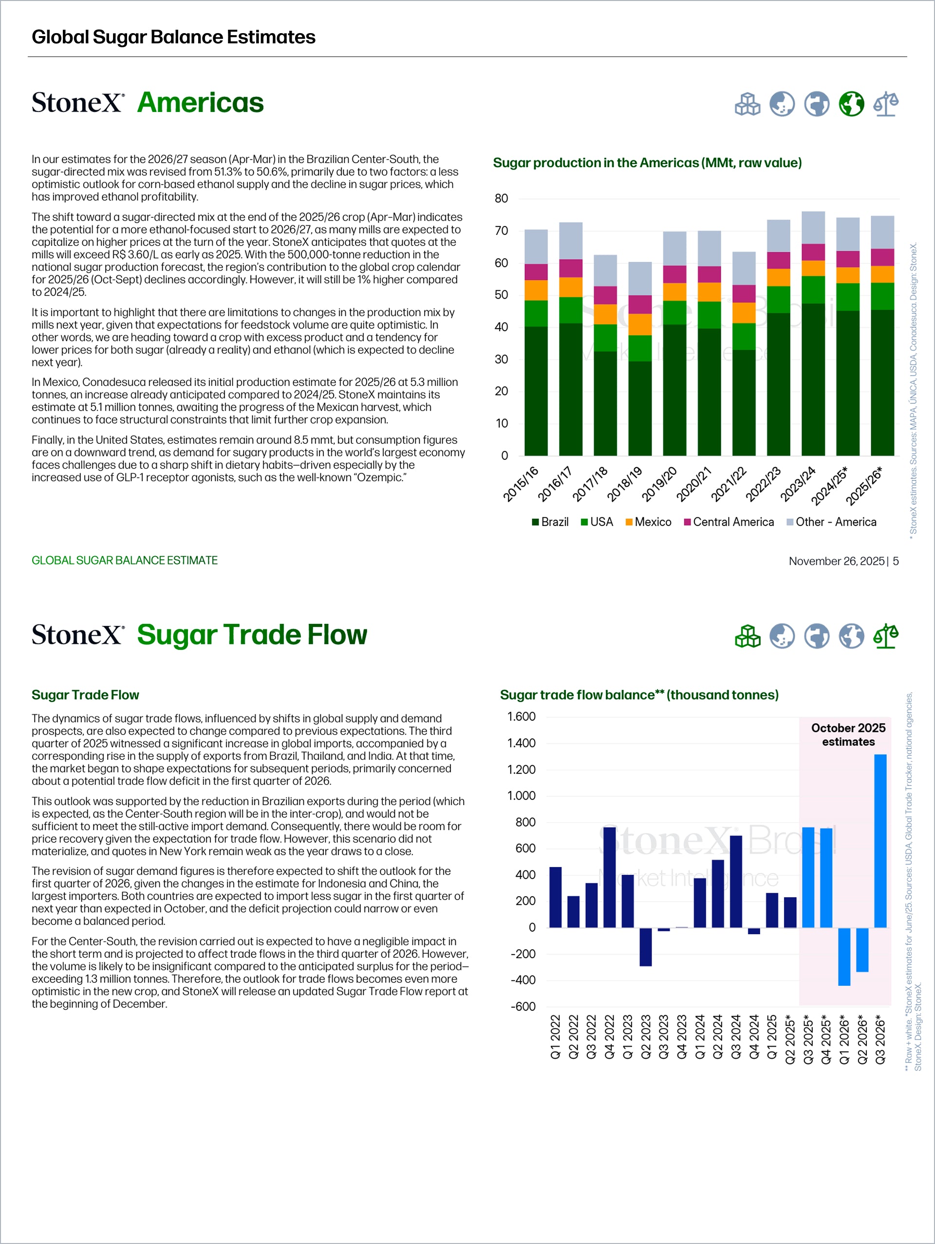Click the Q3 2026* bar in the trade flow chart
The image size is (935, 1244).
click(x=880, y=841)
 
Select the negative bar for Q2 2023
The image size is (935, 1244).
click(x=645, y=947)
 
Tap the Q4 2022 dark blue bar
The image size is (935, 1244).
click(x=610, y=877)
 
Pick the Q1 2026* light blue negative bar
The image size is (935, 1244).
click(x=844, y=957)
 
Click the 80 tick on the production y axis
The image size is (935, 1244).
click(x=501, y=199)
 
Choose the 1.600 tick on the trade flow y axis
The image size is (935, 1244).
click(x=521, y=716)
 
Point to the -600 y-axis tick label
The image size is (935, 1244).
click(x=523, y=1007)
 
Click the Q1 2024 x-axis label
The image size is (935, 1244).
click(x=700, y=1037)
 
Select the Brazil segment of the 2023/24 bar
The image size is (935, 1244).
click(x=813, y=379)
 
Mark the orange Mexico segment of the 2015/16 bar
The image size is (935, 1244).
click(x=536, y=290)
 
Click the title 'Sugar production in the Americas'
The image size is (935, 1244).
click(x=647, y=163)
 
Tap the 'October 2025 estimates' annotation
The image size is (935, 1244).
click(x=848, y=735)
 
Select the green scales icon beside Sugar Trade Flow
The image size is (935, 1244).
click(x=885, y=636)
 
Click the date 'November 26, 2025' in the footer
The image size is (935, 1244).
click(x=836, y=561)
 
